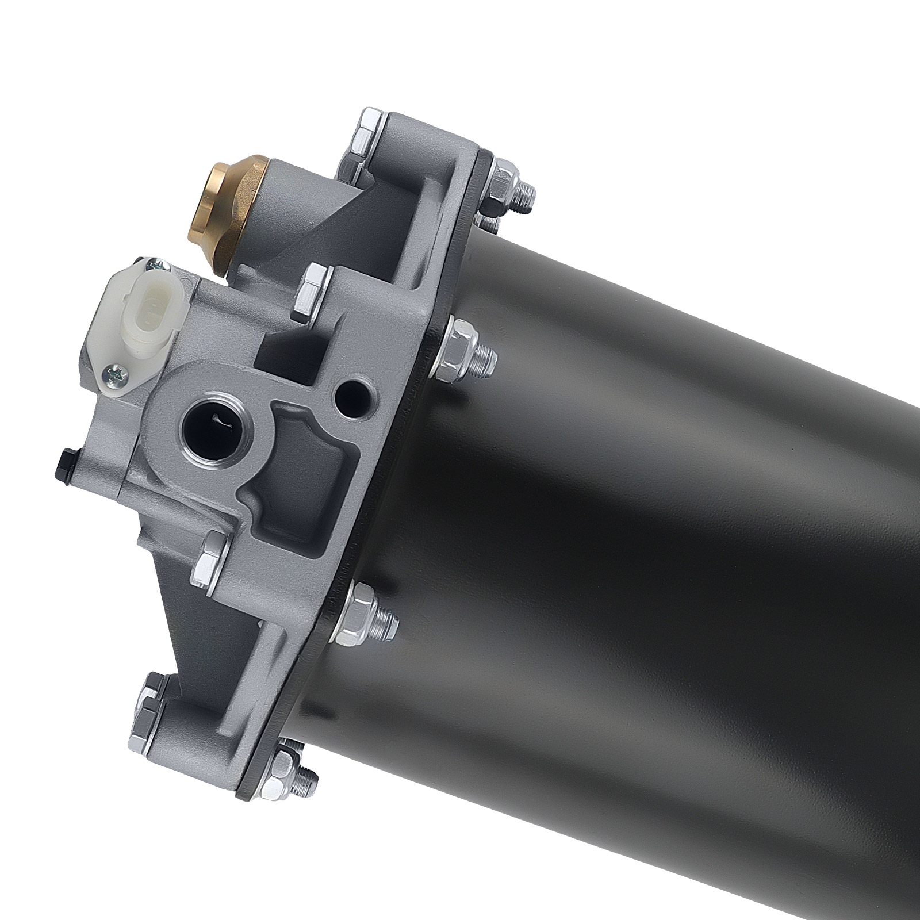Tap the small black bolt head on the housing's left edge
click(64, 462)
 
